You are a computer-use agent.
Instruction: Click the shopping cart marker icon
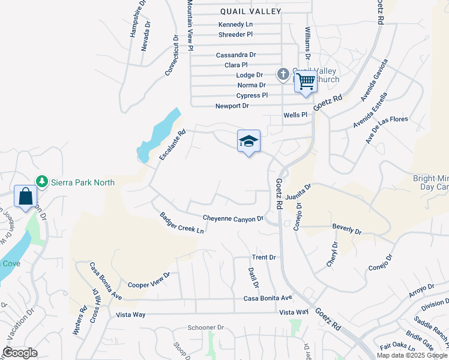306,81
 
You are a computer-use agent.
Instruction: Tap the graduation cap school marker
249,142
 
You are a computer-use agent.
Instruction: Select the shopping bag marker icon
26,196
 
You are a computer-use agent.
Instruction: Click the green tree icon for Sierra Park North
41,181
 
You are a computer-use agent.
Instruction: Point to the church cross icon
283,74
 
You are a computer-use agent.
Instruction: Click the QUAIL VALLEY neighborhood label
250,11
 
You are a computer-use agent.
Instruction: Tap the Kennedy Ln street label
235,25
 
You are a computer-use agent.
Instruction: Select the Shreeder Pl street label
235,35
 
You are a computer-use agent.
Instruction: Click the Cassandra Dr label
236,55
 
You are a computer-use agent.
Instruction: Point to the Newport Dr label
232,106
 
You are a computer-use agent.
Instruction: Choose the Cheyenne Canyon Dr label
233,218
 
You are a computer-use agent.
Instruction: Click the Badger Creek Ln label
182,223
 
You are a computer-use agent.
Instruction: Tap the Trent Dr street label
264,257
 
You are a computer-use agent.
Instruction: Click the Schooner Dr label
205,328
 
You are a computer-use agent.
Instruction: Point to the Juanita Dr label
298,192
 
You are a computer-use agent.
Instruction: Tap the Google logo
20,353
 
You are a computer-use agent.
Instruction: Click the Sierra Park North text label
83,182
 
